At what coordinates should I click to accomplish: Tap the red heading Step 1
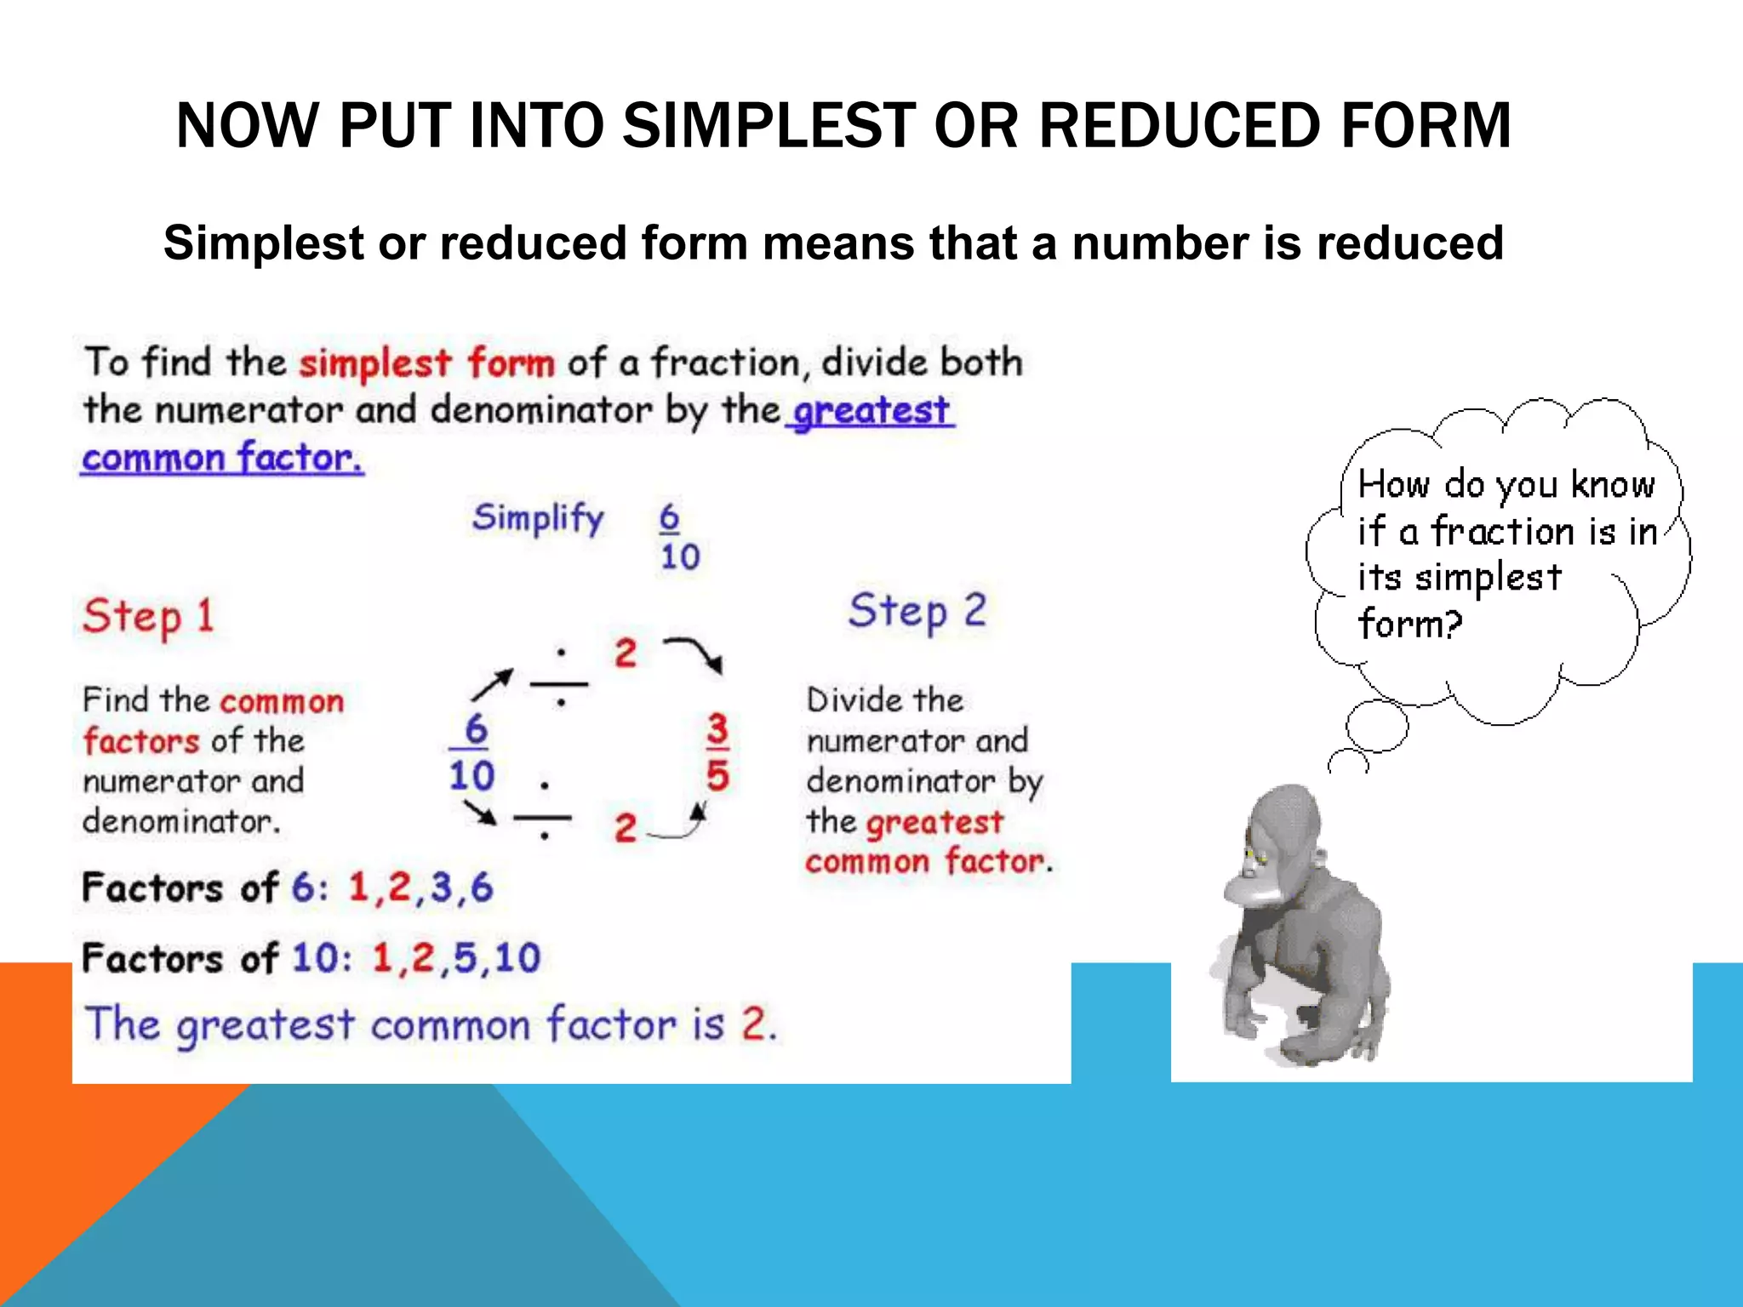pyautogui.click(x=148, y=615)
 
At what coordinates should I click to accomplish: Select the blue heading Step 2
pyautogui.click(x=917, y=611)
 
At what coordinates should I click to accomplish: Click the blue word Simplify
pyautogui.click(x=538, y=517)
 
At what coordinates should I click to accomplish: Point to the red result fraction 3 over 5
pyautogui.click(x=717, y=752)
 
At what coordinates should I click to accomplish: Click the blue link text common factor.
pyautogui.click(x=222, y=458)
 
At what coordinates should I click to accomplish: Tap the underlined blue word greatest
pyautogui.click(x=871, y=411)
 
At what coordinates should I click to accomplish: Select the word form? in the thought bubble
pyautogui.click(x=1409, y=625)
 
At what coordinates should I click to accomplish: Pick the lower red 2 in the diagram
pyautogui.click(x=626, y=828)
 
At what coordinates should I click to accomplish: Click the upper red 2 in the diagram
pyautogui.click(x=626, y=653)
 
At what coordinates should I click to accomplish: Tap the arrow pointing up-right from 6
pyautogui.click(x=493, y=683)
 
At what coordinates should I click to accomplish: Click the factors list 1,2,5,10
pyautogui.click(x=456, y=958)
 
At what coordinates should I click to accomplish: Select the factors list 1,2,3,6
pyautogui.click(x=420, y=888)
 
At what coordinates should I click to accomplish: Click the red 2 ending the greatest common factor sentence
pyautogui.click(x=754, y=1024)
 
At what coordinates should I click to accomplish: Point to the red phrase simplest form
pyautogui.click(x=426, y=363)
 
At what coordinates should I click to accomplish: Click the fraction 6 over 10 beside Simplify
pyautogui.click(x=678, y=536)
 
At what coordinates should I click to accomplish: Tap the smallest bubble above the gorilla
pyautogui.click(x=1349, y=762)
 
